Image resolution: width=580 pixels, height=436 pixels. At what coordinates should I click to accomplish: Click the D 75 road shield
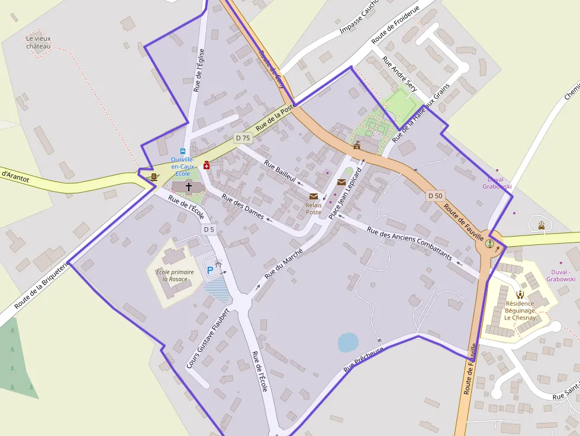(x=243, y=138)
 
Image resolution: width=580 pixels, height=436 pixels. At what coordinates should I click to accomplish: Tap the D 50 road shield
(x=435, y=195)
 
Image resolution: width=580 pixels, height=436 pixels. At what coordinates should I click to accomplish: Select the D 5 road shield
(x=209, y=229)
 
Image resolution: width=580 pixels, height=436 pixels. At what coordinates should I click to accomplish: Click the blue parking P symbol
(x=210, y=270)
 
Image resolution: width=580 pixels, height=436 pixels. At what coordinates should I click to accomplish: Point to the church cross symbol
(x=189, y=186)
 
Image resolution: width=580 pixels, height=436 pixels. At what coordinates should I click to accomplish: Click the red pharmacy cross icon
(x=207, y=165)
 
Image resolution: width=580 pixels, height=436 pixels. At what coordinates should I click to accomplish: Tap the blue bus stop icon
(x=182, y=151)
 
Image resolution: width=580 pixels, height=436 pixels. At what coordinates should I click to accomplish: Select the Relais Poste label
(x=313, y=208)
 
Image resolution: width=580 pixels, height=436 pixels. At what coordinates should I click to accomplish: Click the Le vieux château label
(x=38, y=43)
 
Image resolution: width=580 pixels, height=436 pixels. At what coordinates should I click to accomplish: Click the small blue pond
(x=348, y=342)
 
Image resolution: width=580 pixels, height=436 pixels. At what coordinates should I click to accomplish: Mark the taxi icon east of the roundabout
(x=542, y=225)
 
